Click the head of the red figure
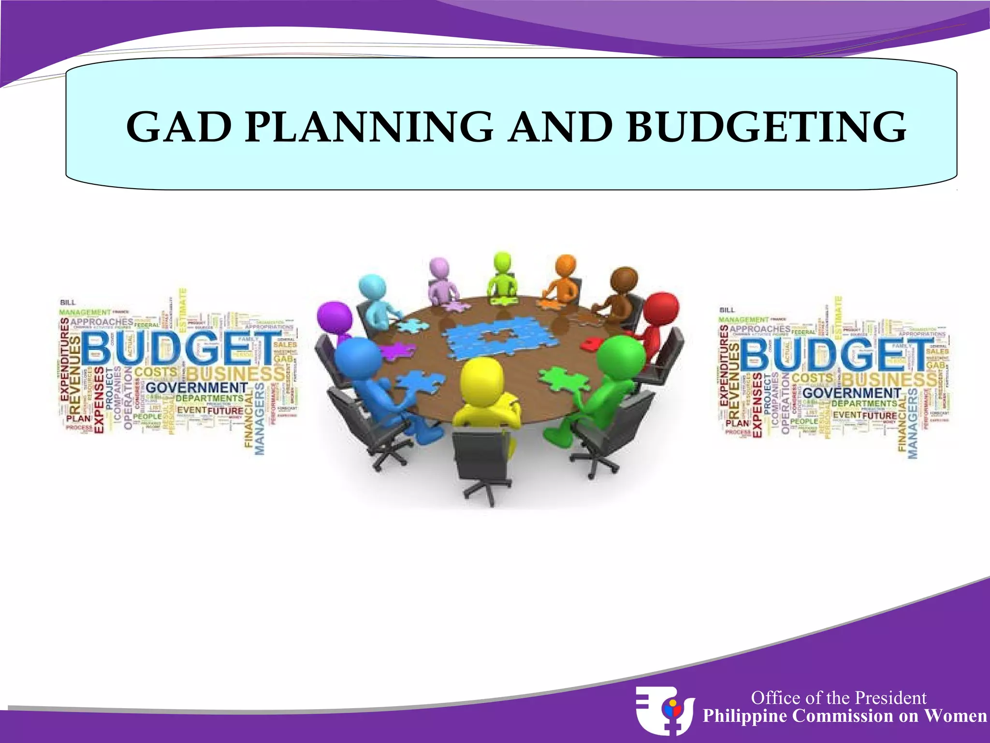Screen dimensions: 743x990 (x=660, y=309)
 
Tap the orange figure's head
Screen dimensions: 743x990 (x=566, y=266)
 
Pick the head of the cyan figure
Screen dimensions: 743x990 (x=372, y=288)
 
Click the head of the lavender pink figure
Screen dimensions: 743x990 (x=439, y=269)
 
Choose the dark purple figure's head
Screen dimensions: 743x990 (x=335, y=317)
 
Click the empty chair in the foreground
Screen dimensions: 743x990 (x=481, y=460)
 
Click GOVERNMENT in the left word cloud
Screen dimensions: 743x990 (x=196, y=388)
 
